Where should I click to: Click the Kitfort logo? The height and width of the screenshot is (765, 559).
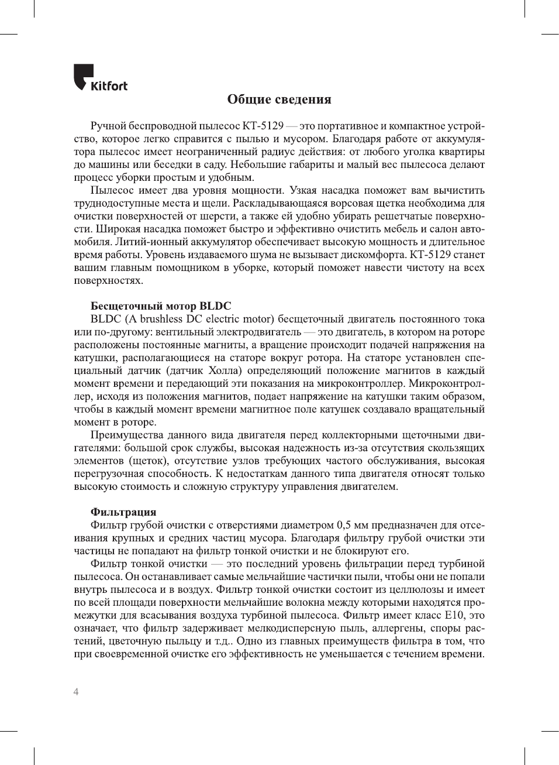(100, 78)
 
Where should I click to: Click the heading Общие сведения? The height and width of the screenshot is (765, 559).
(279, 100)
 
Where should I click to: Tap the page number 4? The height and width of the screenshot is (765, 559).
(76, 692)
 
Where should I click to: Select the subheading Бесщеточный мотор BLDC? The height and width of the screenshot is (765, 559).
(161, 306)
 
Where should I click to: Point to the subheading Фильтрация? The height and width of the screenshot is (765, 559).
(123, 512)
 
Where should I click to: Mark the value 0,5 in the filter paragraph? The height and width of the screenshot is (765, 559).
(344, 525)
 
